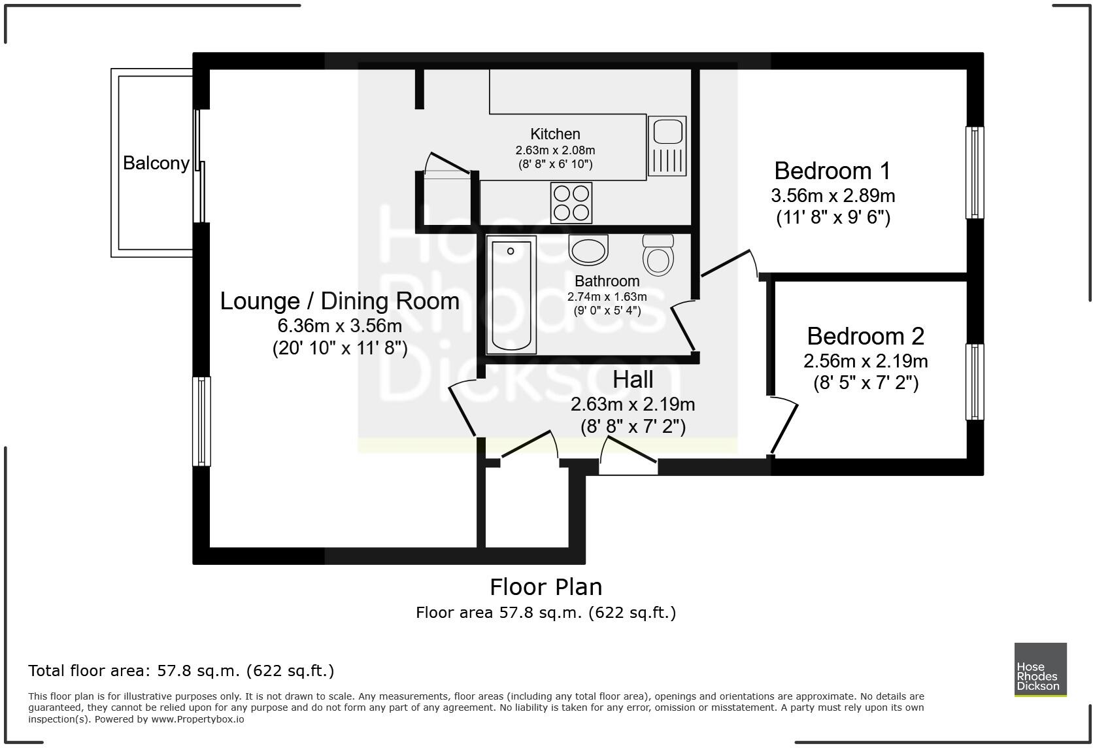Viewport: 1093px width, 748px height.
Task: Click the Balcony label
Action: [x=156, y=163]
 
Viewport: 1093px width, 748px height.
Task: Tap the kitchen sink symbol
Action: [x=667, y=146]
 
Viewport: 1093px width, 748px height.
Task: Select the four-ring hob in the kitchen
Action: [x=571, y=202]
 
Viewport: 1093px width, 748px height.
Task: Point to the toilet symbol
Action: [x=658, y=255]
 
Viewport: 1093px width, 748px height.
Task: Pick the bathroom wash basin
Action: [x=588, y=250]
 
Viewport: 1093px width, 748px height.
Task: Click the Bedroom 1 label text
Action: [x=832, y=171]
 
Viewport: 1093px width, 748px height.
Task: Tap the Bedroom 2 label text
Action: [x=866, y=336]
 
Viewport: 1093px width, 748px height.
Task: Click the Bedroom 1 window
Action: [x=974, y=172]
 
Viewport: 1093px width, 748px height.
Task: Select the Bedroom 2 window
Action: [x=974, y=381]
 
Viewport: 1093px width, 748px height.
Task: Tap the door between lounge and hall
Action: [x=462, y=411]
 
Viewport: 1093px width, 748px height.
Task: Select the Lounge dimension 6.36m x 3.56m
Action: [x=339, y=325]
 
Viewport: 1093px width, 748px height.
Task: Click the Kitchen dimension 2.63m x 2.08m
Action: [x=555, y=150]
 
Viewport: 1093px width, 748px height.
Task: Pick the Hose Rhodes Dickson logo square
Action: [x=1040, y=670]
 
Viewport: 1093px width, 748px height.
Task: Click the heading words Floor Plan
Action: [x=546, y=586]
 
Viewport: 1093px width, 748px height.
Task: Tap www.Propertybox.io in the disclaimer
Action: [x=198, y=719]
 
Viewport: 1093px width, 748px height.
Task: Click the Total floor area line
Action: [x=181, y=670]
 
